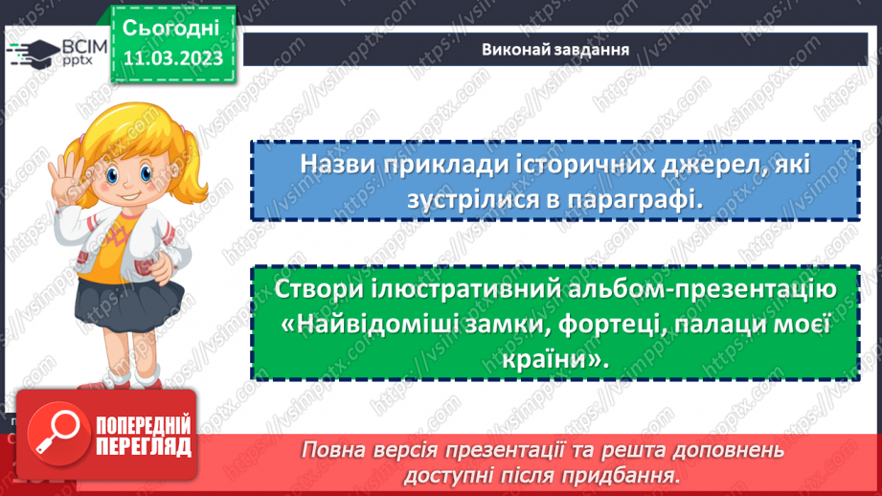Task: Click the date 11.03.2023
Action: click(172, 58)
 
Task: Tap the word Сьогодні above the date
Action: click(172, 27)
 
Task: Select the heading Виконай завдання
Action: click(555, 50)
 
